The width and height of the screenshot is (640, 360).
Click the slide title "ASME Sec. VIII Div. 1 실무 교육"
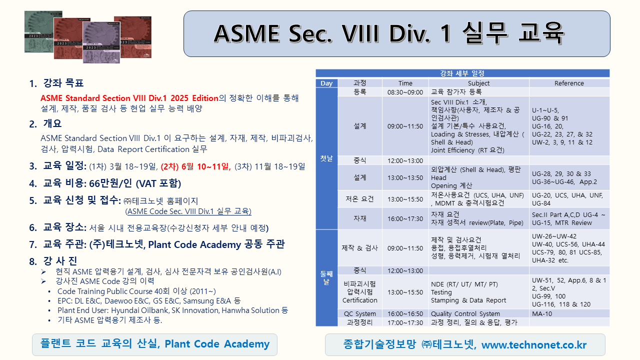tap(389, 33)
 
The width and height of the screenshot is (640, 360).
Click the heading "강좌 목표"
tap(63, 83)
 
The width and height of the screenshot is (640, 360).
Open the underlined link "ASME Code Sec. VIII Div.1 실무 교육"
tap(188, 211)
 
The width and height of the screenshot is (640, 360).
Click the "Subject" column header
tap(478, 83)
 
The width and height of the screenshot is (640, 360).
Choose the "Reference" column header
tap(569, 83)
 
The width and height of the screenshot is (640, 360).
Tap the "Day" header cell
tap(326, 83)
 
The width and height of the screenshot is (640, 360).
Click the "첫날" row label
tap(326, 158)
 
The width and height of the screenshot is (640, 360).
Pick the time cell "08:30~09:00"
tap(405, 92)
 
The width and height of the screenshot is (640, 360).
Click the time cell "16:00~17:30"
tap(405, 218)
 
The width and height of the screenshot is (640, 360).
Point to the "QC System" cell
tap(359, 313)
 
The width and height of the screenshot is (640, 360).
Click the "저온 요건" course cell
tap(359, 199)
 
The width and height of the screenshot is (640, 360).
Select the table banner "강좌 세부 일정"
tap(462, 73)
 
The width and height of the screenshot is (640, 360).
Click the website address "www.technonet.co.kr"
tap(534, 344)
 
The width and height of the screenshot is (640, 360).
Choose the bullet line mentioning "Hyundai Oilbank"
tap(172, 310)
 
